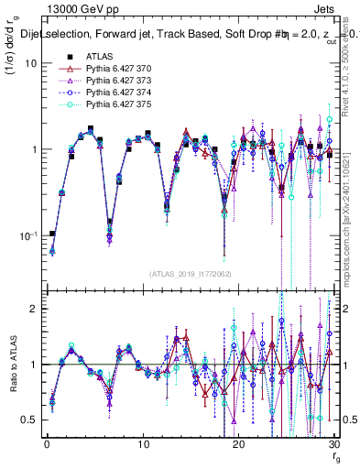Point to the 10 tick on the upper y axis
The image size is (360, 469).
(29, 64)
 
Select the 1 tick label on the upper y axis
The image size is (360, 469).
(32, 149)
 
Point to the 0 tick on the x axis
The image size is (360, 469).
(47, 444)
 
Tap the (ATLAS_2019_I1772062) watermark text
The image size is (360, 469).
(191, 274)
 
